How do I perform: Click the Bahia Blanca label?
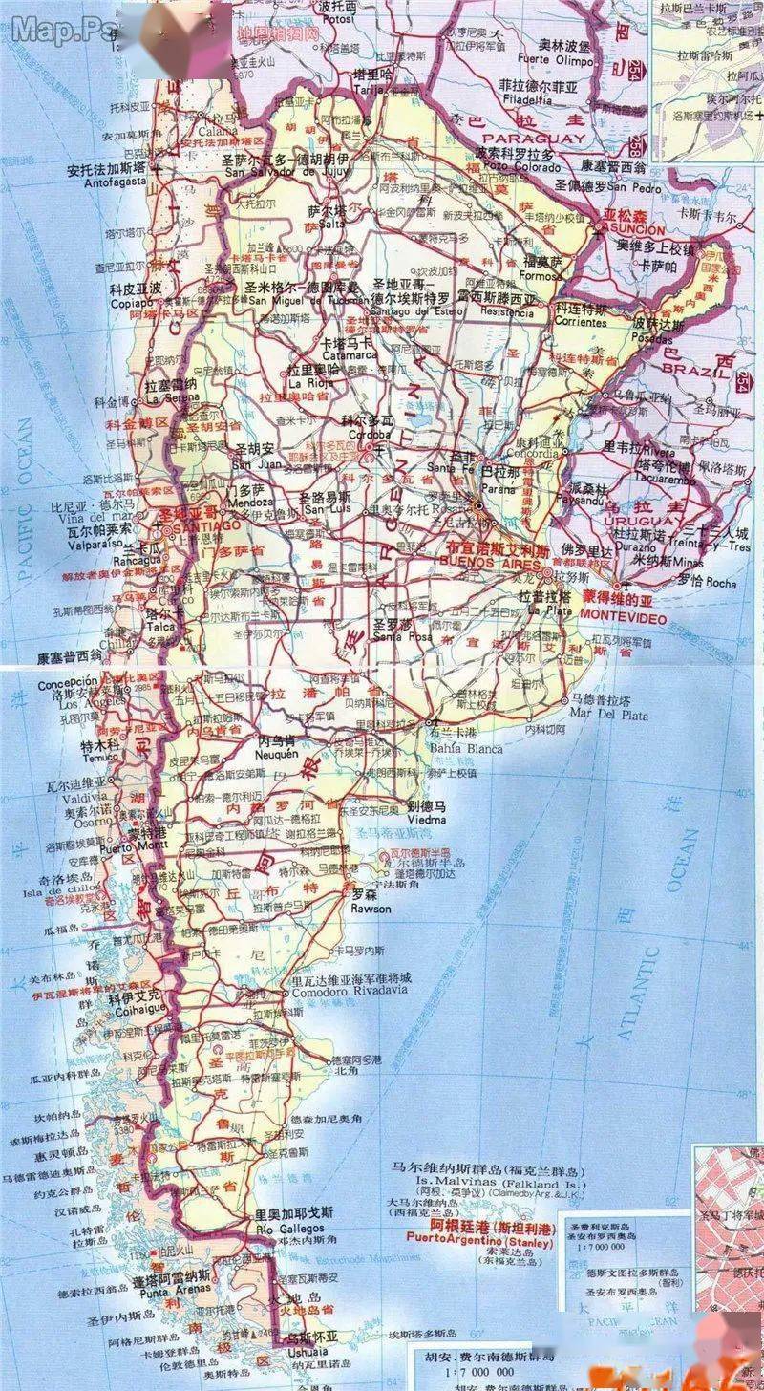coord(467,749)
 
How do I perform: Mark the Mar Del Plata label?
coord(608,714)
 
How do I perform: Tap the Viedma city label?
coord(427,819)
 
